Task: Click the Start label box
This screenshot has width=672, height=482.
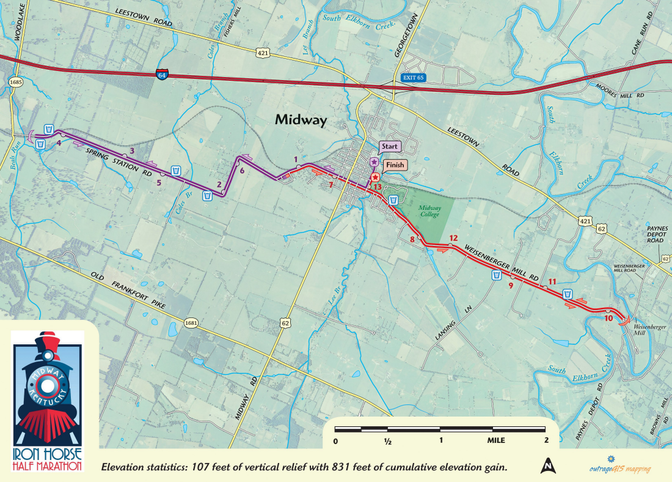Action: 389,147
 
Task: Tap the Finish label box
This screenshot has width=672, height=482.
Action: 394,165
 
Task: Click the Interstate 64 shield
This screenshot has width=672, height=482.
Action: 162,74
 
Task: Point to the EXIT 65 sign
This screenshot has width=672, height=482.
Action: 412,78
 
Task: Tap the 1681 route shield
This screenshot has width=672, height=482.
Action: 191,322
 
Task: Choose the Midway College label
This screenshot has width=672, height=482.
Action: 429,211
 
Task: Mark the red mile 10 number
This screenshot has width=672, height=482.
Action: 608,318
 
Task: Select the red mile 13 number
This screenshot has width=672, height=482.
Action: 377,187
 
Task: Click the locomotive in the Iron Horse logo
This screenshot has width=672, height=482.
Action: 47,391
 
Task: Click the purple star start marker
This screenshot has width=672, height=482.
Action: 373,162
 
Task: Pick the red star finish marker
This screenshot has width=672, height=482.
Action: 375,177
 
